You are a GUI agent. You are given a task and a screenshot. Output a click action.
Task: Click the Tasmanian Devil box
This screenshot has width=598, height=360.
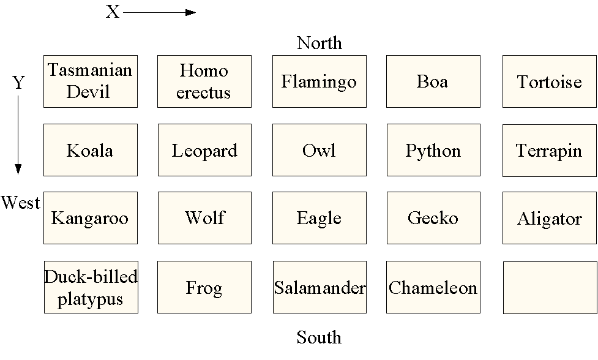click(91, 81)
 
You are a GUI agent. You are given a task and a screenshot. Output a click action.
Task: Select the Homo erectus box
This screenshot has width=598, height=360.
click(204, 81)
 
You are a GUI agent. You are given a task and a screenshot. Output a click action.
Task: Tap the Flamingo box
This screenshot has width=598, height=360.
click(319, 81)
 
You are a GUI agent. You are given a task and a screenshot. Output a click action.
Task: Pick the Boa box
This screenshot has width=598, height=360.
click(433, 81)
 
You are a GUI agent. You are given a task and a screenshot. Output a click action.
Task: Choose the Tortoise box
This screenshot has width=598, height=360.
click(549, 81)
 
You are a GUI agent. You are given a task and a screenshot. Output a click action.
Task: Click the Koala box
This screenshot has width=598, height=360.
click(91, 150)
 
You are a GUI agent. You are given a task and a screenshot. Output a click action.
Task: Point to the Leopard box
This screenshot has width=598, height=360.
click(204, 150)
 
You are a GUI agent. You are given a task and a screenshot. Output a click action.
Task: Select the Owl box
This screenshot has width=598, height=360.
click(319, 150)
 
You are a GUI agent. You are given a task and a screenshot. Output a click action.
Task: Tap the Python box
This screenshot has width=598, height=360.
click(433, 150)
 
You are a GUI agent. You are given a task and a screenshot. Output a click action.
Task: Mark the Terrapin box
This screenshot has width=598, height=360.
click(549, 150)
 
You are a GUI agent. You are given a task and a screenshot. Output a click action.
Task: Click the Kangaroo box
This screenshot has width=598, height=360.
click(91, 218)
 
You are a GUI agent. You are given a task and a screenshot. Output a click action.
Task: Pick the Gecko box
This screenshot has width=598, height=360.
click(433, 218)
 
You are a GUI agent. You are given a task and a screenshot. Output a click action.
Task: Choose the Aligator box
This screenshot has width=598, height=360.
click(549, 218)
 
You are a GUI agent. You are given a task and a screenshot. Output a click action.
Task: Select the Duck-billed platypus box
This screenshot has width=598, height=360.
click(91, 287)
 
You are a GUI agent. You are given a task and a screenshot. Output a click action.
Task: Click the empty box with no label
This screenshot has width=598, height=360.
click(549, 287)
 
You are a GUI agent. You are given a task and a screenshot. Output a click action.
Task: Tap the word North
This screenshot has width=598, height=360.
click(319, 43)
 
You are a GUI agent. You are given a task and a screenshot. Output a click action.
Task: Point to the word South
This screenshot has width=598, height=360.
click(319, 337)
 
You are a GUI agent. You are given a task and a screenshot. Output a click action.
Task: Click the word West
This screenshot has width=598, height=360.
click(20, 203)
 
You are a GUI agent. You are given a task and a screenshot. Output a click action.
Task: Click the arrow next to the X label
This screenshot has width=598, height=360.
click(159, 12)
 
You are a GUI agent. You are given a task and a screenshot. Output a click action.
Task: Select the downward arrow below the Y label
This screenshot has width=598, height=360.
click(18, 135)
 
